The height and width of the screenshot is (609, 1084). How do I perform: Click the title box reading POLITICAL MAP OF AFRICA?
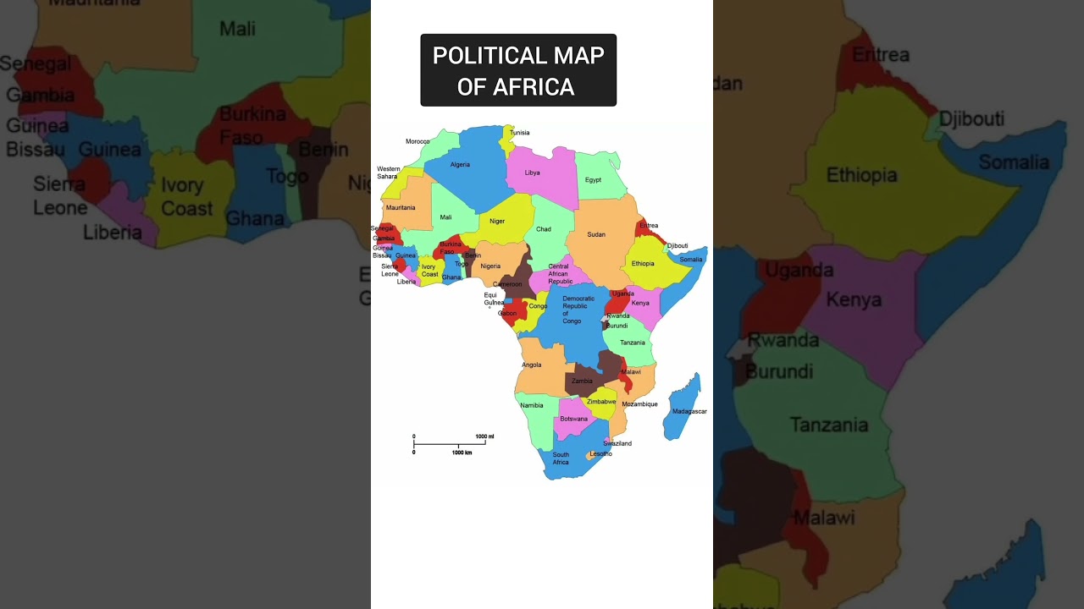(518, 70)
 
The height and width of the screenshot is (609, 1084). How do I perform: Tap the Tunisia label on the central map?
(519, 133)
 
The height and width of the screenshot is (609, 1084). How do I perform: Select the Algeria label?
(460, 165)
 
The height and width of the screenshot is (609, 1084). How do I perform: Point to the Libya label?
(532, 173)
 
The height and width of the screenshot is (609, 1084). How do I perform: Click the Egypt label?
(593, 180)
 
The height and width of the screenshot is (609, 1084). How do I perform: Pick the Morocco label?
(418, 141)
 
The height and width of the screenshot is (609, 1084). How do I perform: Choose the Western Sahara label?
(388, 173)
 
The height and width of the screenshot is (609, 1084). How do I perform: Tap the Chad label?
(544, 229)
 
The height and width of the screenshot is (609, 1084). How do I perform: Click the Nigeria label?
(490, 266)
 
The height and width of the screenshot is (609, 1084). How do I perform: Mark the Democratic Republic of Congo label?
(578, 310)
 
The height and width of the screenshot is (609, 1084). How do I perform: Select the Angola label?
(531, 365)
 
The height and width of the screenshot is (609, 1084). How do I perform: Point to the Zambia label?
(582, 381)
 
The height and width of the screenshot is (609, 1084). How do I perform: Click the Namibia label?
(532, 405)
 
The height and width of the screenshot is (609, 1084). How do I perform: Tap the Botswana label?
(573, 420)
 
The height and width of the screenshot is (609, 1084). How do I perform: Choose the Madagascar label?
(689, 412)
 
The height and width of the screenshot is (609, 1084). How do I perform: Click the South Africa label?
(561, 458)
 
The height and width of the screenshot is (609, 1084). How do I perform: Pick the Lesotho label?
(600, 454)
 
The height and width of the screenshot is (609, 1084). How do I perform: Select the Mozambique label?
(639, 404)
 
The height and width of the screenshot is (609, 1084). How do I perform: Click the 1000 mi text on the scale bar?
(484, 436)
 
